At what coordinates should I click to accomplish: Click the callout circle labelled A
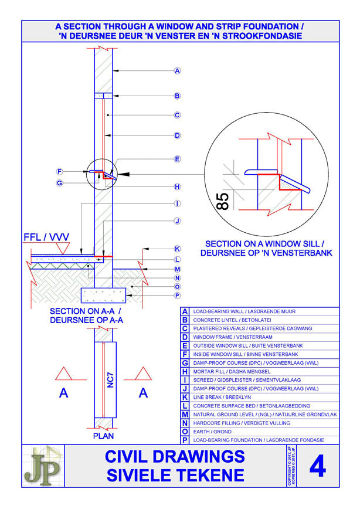tap(177, 71)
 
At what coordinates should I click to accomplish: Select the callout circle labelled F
tap(59, 172)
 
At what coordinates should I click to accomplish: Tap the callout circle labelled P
tap(177, 296)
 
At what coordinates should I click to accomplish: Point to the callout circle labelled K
tap(177, 249)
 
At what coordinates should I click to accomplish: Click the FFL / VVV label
tap(46, 237)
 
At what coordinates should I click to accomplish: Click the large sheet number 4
tap(317, 467)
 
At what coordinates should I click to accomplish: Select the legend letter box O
tap(185, 431)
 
